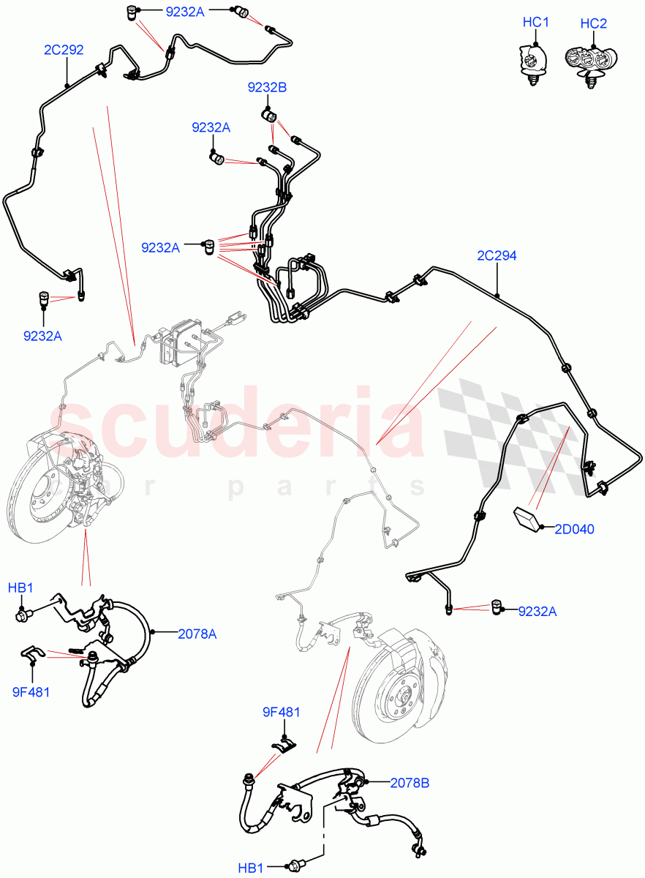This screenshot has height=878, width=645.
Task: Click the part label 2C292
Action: pos(64,50)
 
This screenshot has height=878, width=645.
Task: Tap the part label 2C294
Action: pos(497,256)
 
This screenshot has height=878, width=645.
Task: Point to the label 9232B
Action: pos(267,88)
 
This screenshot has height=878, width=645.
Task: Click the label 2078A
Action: pos(197,634)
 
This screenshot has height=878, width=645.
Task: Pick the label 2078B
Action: pos(410,783)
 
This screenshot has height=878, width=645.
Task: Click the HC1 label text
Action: pos(535,23)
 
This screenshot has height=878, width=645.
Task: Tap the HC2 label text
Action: pos(593,23)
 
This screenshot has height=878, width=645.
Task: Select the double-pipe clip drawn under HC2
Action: pos(591,61)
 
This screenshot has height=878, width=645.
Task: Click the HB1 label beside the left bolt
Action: pos(21,588)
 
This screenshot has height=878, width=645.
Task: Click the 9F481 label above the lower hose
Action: pos(282,712)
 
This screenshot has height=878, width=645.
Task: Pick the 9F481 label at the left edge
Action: pos(31,691)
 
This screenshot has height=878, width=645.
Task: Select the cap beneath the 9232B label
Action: pos(268,116)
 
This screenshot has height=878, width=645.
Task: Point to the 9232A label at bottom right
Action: pos(537,611)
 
